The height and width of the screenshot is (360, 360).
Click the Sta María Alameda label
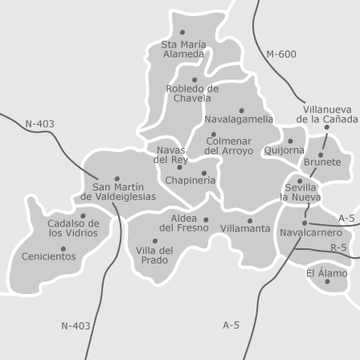click(183, 49)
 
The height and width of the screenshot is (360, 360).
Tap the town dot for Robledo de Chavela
click(194, 80)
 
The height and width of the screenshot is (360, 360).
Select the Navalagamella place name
click(239, 119)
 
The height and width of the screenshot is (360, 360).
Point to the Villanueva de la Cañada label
click(327, 114)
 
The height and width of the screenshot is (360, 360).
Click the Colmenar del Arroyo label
click(228, 146)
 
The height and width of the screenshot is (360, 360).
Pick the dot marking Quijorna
click(290, 141)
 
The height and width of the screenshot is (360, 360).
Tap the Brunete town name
click(322, 162)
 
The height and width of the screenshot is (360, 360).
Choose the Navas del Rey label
click(171, 154)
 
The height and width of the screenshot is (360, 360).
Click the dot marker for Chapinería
click(204, 172)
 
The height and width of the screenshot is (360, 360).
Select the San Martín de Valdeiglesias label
click(119, 191)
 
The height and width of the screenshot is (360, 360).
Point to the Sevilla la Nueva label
click(301, 192)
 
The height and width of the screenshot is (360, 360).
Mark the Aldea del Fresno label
click(183, 223)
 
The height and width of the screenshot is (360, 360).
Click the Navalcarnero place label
click(311, 231)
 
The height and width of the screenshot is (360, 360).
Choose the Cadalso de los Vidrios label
click(73, 228)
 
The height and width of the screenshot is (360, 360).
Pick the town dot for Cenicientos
click(63, 249)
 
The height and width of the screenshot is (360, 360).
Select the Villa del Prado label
click(154, 255)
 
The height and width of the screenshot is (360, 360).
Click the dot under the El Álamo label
click(327, 281)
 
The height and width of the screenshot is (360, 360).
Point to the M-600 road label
click(280, 55)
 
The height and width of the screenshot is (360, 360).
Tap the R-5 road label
click(338, 248)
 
